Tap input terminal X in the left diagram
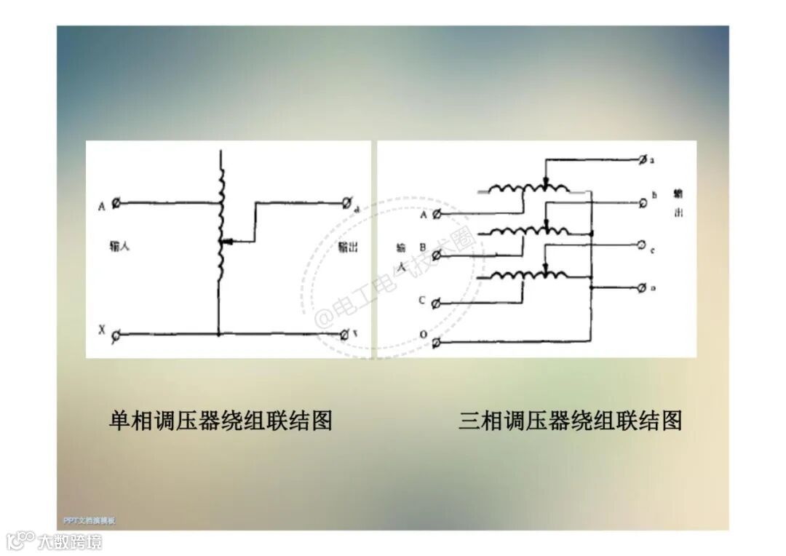(x=116, y=333)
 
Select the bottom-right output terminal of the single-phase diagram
(x=344, y=334)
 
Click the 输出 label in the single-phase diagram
(x=348, y=247)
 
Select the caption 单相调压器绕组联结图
(x=221, y=421)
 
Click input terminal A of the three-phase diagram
(x=437, y=214)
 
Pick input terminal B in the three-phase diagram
(x=437, y=255)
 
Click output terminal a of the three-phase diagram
(x=642, y=159)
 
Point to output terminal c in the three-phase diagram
(x=642, y=245)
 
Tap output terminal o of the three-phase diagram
(x=642, y=288)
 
